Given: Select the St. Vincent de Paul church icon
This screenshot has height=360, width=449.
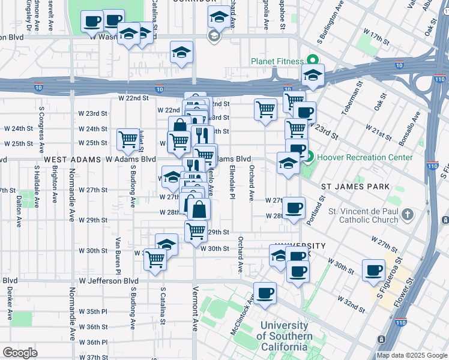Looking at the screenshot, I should tap(408, 214).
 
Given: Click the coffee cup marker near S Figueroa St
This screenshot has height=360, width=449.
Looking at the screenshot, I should tap(374, 271).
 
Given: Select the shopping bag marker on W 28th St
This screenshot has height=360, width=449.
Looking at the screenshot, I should tap(199, 209).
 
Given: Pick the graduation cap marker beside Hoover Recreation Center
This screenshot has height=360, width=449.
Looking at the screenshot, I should tap(288, 163).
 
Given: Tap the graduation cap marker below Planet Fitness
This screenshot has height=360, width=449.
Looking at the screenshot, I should tap(313, 75).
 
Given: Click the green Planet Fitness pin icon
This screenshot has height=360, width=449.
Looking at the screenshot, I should tap(312, 60).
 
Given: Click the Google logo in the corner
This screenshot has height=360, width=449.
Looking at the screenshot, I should tap(20, 353).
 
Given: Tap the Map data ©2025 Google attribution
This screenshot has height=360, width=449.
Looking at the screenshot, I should tap(411, 355).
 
